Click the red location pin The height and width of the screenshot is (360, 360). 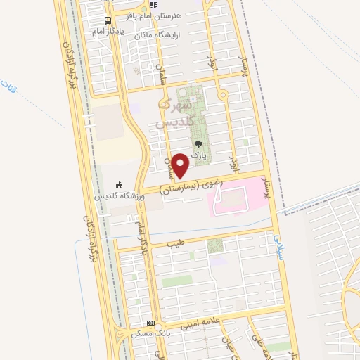181,165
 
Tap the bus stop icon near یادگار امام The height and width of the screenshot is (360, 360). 108,20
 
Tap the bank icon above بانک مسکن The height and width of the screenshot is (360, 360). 148,322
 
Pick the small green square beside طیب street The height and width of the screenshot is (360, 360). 215,245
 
